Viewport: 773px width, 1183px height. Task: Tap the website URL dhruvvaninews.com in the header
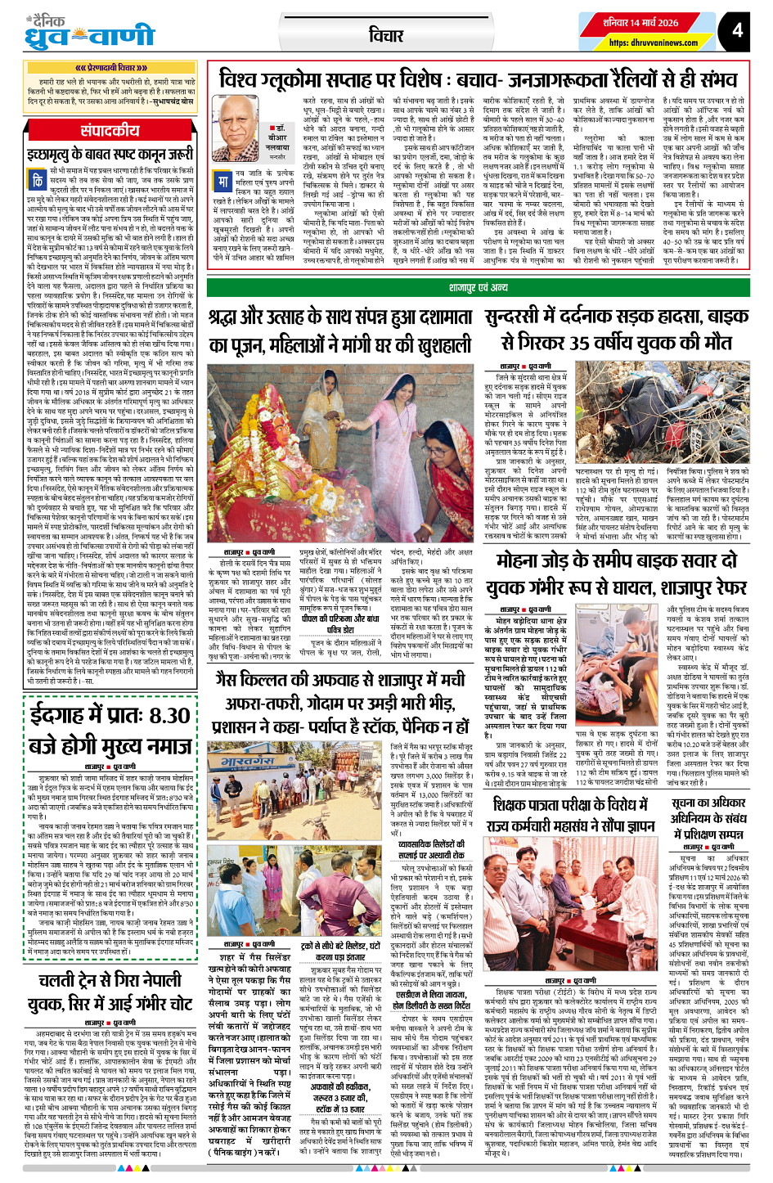653,43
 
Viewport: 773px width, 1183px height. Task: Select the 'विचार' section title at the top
385,35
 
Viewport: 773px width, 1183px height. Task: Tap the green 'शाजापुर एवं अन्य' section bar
479,287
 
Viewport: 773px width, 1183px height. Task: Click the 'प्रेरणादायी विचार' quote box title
110,69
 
